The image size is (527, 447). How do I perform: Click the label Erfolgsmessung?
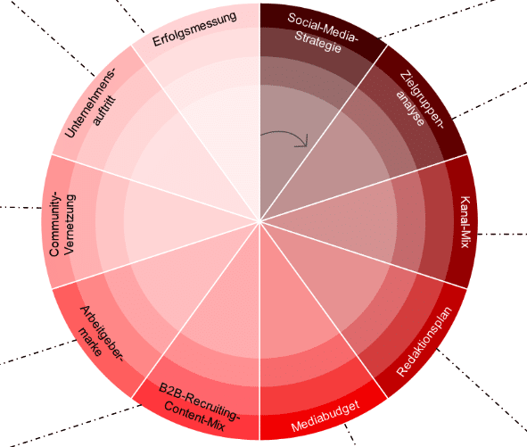pyautogui.click(x=194, y=29)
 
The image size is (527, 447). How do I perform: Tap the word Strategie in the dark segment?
pyautogui.click(x=317, y=42)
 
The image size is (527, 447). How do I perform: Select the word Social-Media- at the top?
pyautogui.click(x=323, y=28)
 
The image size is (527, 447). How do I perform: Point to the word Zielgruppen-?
pyautogui.click(x=423, y=99)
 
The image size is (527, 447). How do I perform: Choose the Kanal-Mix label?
pyautogui.click(x=465, y=222)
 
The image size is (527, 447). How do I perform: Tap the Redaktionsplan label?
pyautogui.click(x=424, y=342)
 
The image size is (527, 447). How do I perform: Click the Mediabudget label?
pyautogui.click(x=325, y=416)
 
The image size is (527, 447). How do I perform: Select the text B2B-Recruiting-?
pyautogui.click(x=200, y=401)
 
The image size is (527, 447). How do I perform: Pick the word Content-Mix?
pyautogui.click(x=194, y=417)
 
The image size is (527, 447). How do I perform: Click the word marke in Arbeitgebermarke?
pyautogui.click(x=90, y=342)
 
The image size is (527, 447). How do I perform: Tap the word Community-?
pyautogui.click(x=55, y=224)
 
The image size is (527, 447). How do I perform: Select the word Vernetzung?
pyautogui.click(x=70, y=224)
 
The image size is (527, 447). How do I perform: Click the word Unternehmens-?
pyautogui.click(x=90, y=103)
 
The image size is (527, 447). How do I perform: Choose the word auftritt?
pyautogui.click(x=104, y=111)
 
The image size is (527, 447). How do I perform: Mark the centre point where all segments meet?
pyautogui.click(x=259, y=221)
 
